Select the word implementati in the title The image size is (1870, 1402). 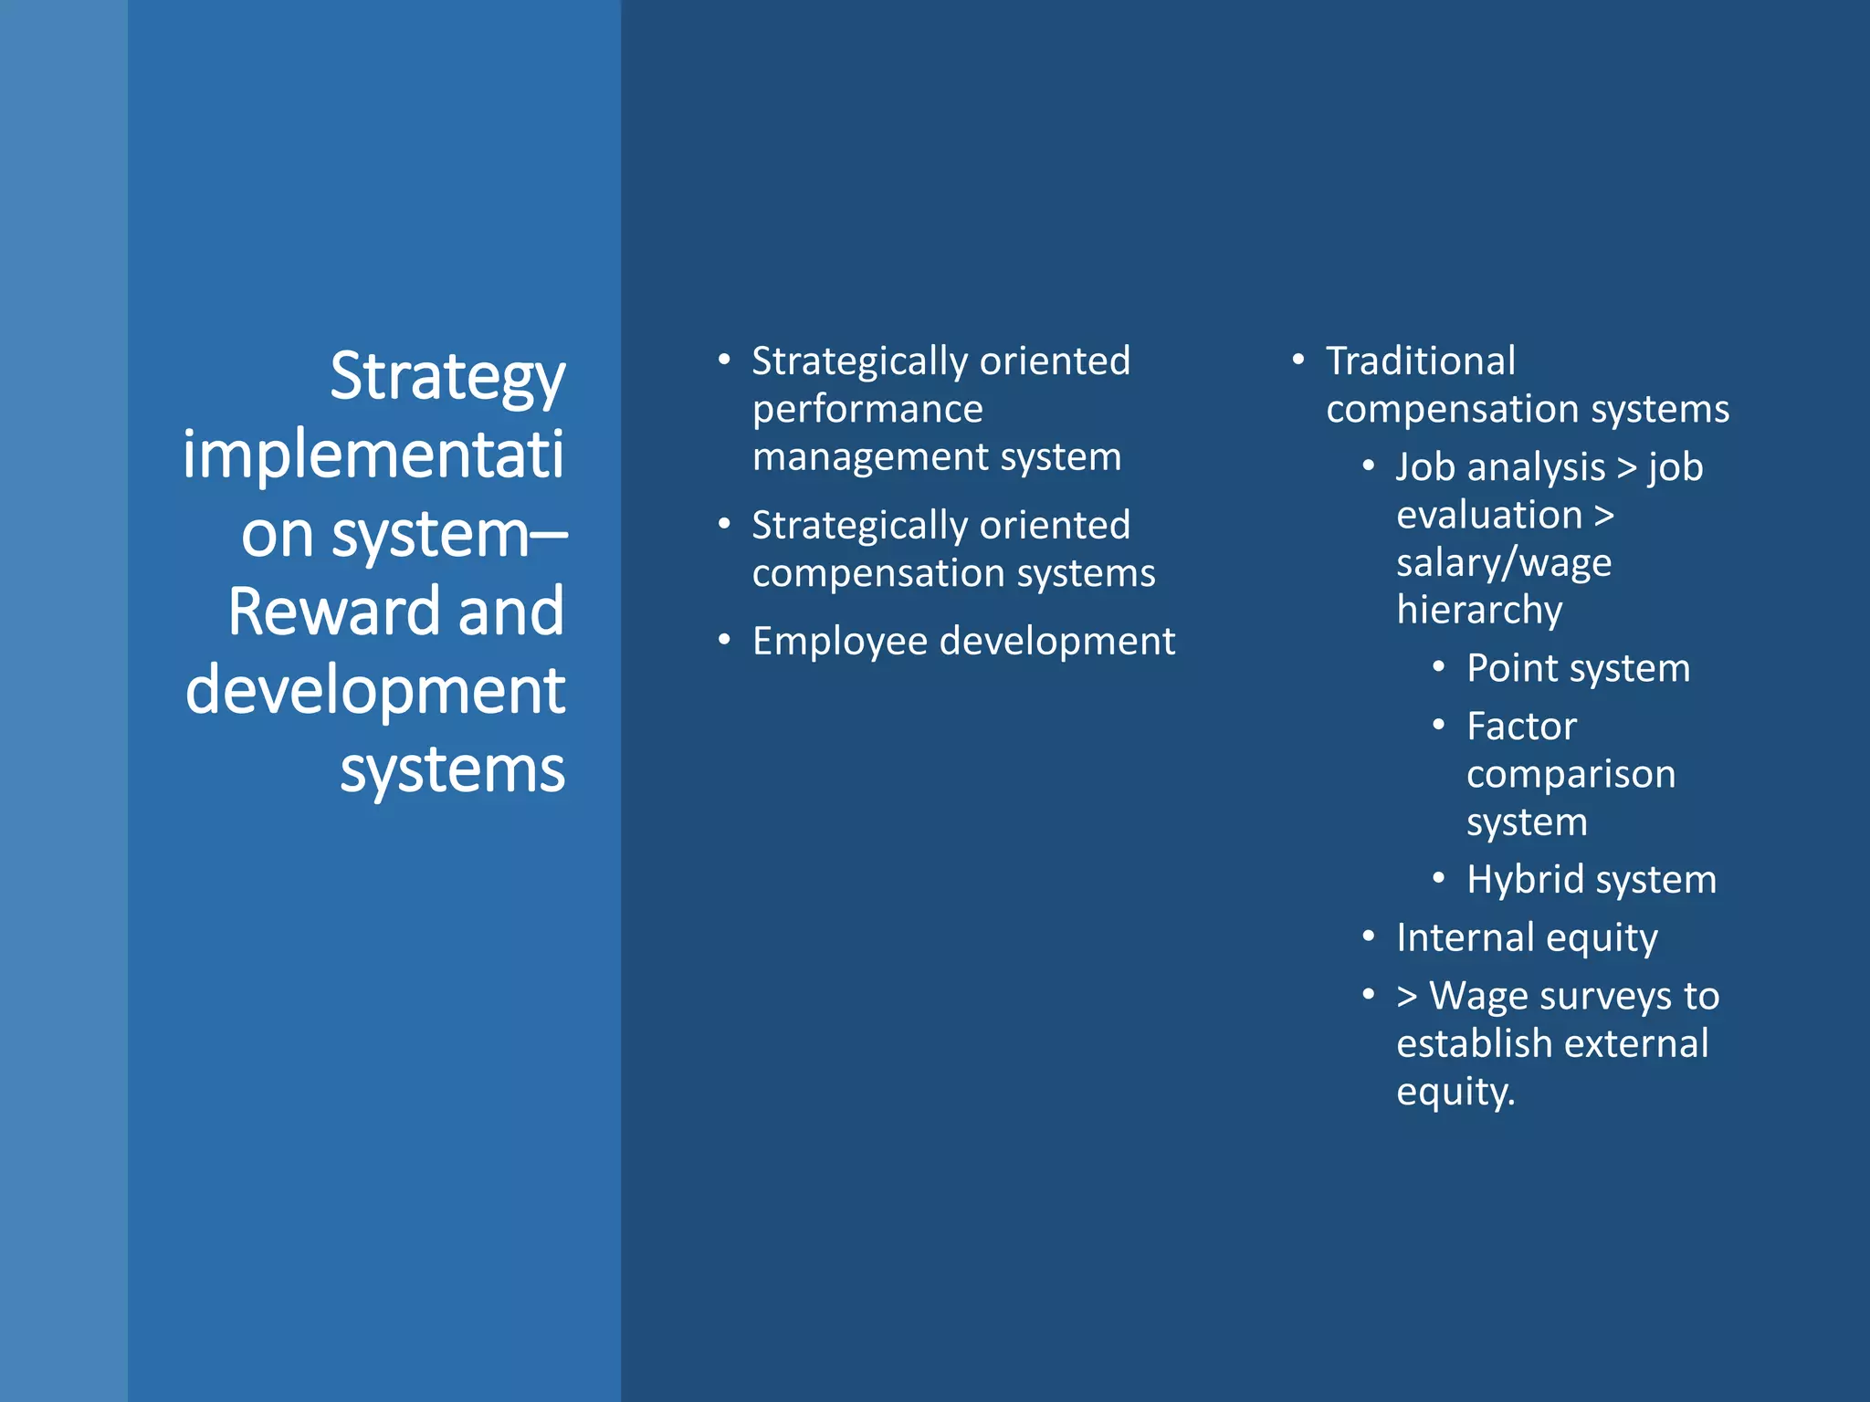[x=373, y=455]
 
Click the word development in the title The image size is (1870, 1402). [x=375, y=690]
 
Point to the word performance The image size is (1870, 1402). [x=867, y=409]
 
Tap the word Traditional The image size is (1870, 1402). [x=1421, y=361]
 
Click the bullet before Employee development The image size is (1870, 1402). [x=724, y=641]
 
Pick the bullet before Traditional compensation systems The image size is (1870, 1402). [x=1298, y=361]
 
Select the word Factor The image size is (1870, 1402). [x=1522, y=727]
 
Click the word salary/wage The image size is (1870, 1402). [x=1504, y=563]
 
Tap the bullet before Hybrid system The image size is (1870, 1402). [x=1438, y=879]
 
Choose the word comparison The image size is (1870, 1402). [x=1571, y=775]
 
